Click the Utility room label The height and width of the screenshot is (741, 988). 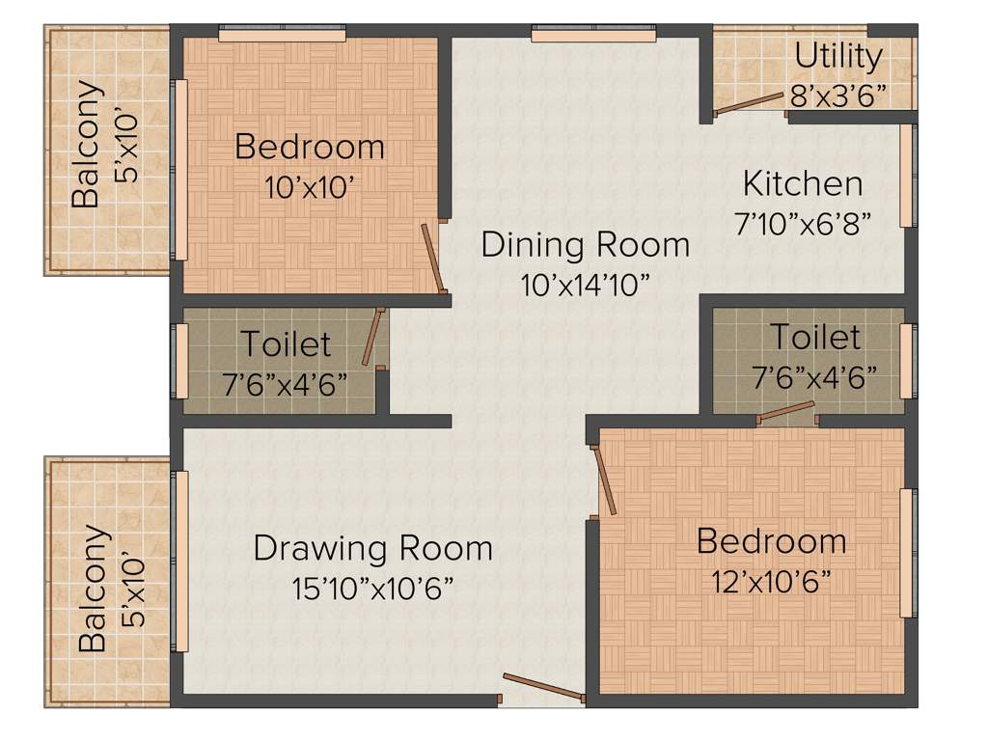click(837, 57)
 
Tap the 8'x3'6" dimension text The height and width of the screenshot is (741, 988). click(837, 96)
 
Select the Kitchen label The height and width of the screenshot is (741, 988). click(803, 182)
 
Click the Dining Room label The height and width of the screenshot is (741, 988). click(586, 244)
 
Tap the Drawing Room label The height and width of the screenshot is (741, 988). click(372, 548)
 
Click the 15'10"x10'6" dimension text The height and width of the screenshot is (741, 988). click(372, 588)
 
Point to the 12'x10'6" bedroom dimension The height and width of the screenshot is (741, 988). click(771, 582)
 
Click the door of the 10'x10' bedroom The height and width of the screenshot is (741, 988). click(434, 258)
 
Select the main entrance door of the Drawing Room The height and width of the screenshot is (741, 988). click(543, 686)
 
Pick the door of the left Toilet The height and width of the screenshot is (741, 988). click(372, 337)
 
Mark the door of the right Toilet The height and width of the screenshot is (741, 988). click(786, 412)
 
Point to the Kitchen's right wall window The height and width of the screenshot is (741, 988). click(906, 175)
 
